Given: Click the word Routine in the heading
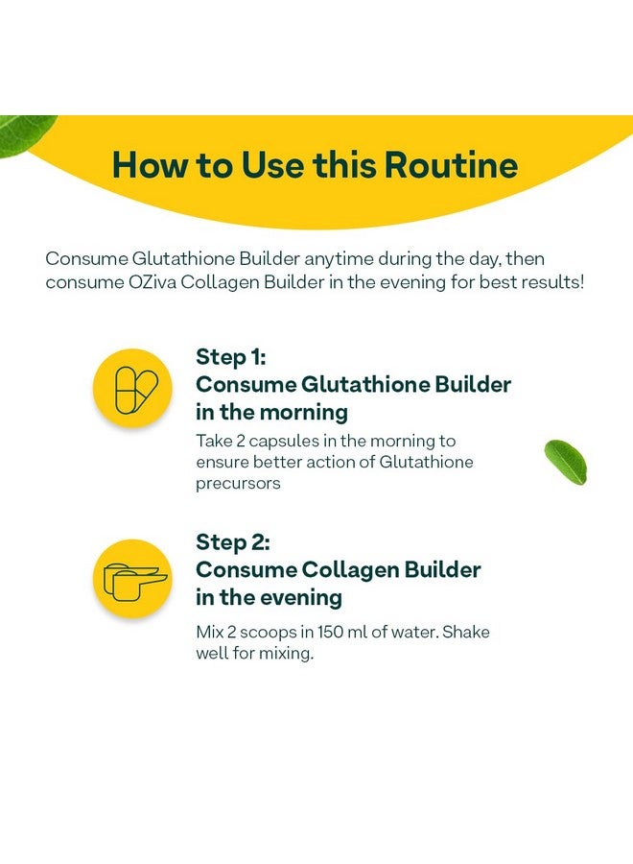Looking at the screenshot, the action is click(x=451, y=164).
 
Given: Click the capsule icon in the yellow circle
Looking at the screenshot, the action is click(x=135, y=390).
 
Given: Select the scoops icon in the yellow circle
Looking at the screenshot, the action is click(x=135, y=582).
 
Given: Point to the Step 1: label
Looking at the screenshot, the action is click(x=230, y=357).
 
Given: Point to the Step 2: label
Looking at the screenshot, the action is click(x=233, y=542).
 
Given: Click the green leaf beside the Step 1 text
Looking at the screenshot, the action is click(x=566, y=462).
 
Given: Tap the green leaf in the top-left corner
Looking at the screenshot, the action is click(x=25, y=133).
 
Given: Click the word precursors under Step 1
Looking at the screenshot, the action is click(x=238, y=483).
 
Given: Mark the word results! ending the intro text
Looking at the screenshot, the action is click(x=552, y=282).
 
